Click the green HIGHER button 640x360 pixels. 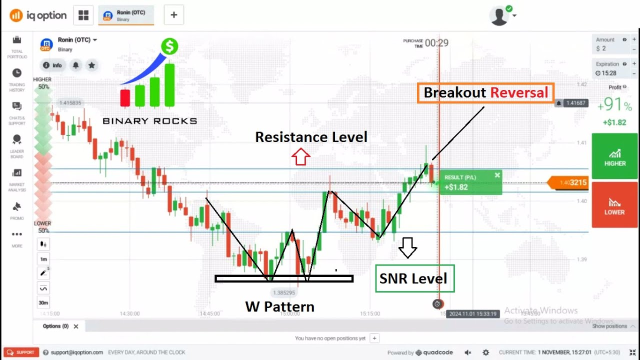point(614,156)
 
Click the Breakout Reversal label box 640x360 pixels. point(485,93)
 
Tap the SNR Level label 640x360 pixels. point(414,278)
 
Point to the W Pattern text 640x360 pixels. point(279,306)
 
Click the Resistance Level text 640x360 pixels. point(311,137)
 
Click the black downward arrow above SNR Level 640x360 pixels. point(408,247)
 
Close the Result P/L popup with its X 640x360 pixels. point(497,175)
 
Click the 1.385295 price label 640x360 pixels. point(283,292)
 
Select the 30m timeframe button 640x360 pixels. point(43,302)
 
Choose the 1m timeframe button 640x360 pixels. point(43,259)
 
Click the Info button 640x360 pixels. point(52,65)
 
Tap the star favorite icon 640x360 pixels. point(91,65)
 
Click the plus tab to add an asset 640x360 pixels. point(173,15)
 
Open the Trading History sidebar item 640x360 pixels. point(17,79)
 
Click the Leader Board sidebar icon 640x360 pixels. point(17,145)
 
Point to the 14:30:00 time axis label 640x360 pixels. point(129,313)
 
